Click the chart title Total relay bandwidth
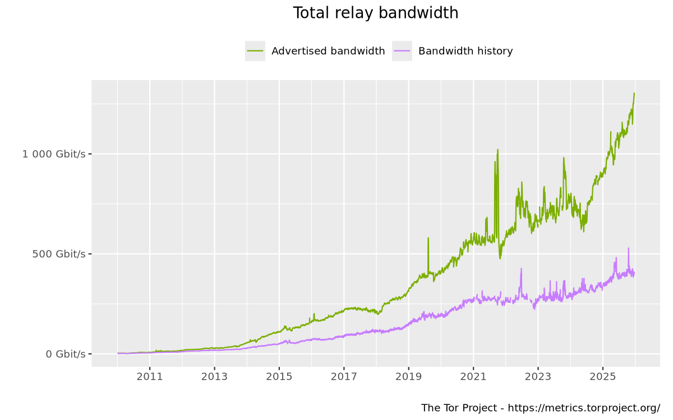375,13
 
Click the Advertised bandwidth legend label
328,51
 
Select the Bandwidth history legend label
465,51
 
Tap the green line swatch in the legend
255,51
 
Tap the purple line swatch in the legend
402,51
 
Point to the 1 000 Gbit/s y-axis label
54,154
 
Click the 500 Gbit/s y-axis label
59,254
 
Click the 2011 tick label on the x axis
150,377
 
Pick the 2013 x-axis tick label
214,377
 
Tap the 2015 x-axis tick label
279,377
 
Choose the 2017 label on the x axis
344,377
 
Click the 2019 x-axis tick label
409,377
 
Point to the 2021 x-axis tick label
473,377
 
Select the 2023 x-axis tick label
538,377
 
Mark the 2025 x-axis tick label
602,377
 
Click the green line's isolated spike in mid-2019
428,239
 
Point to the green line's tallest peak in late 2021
497,151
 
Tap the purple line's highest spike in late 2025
629,249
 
